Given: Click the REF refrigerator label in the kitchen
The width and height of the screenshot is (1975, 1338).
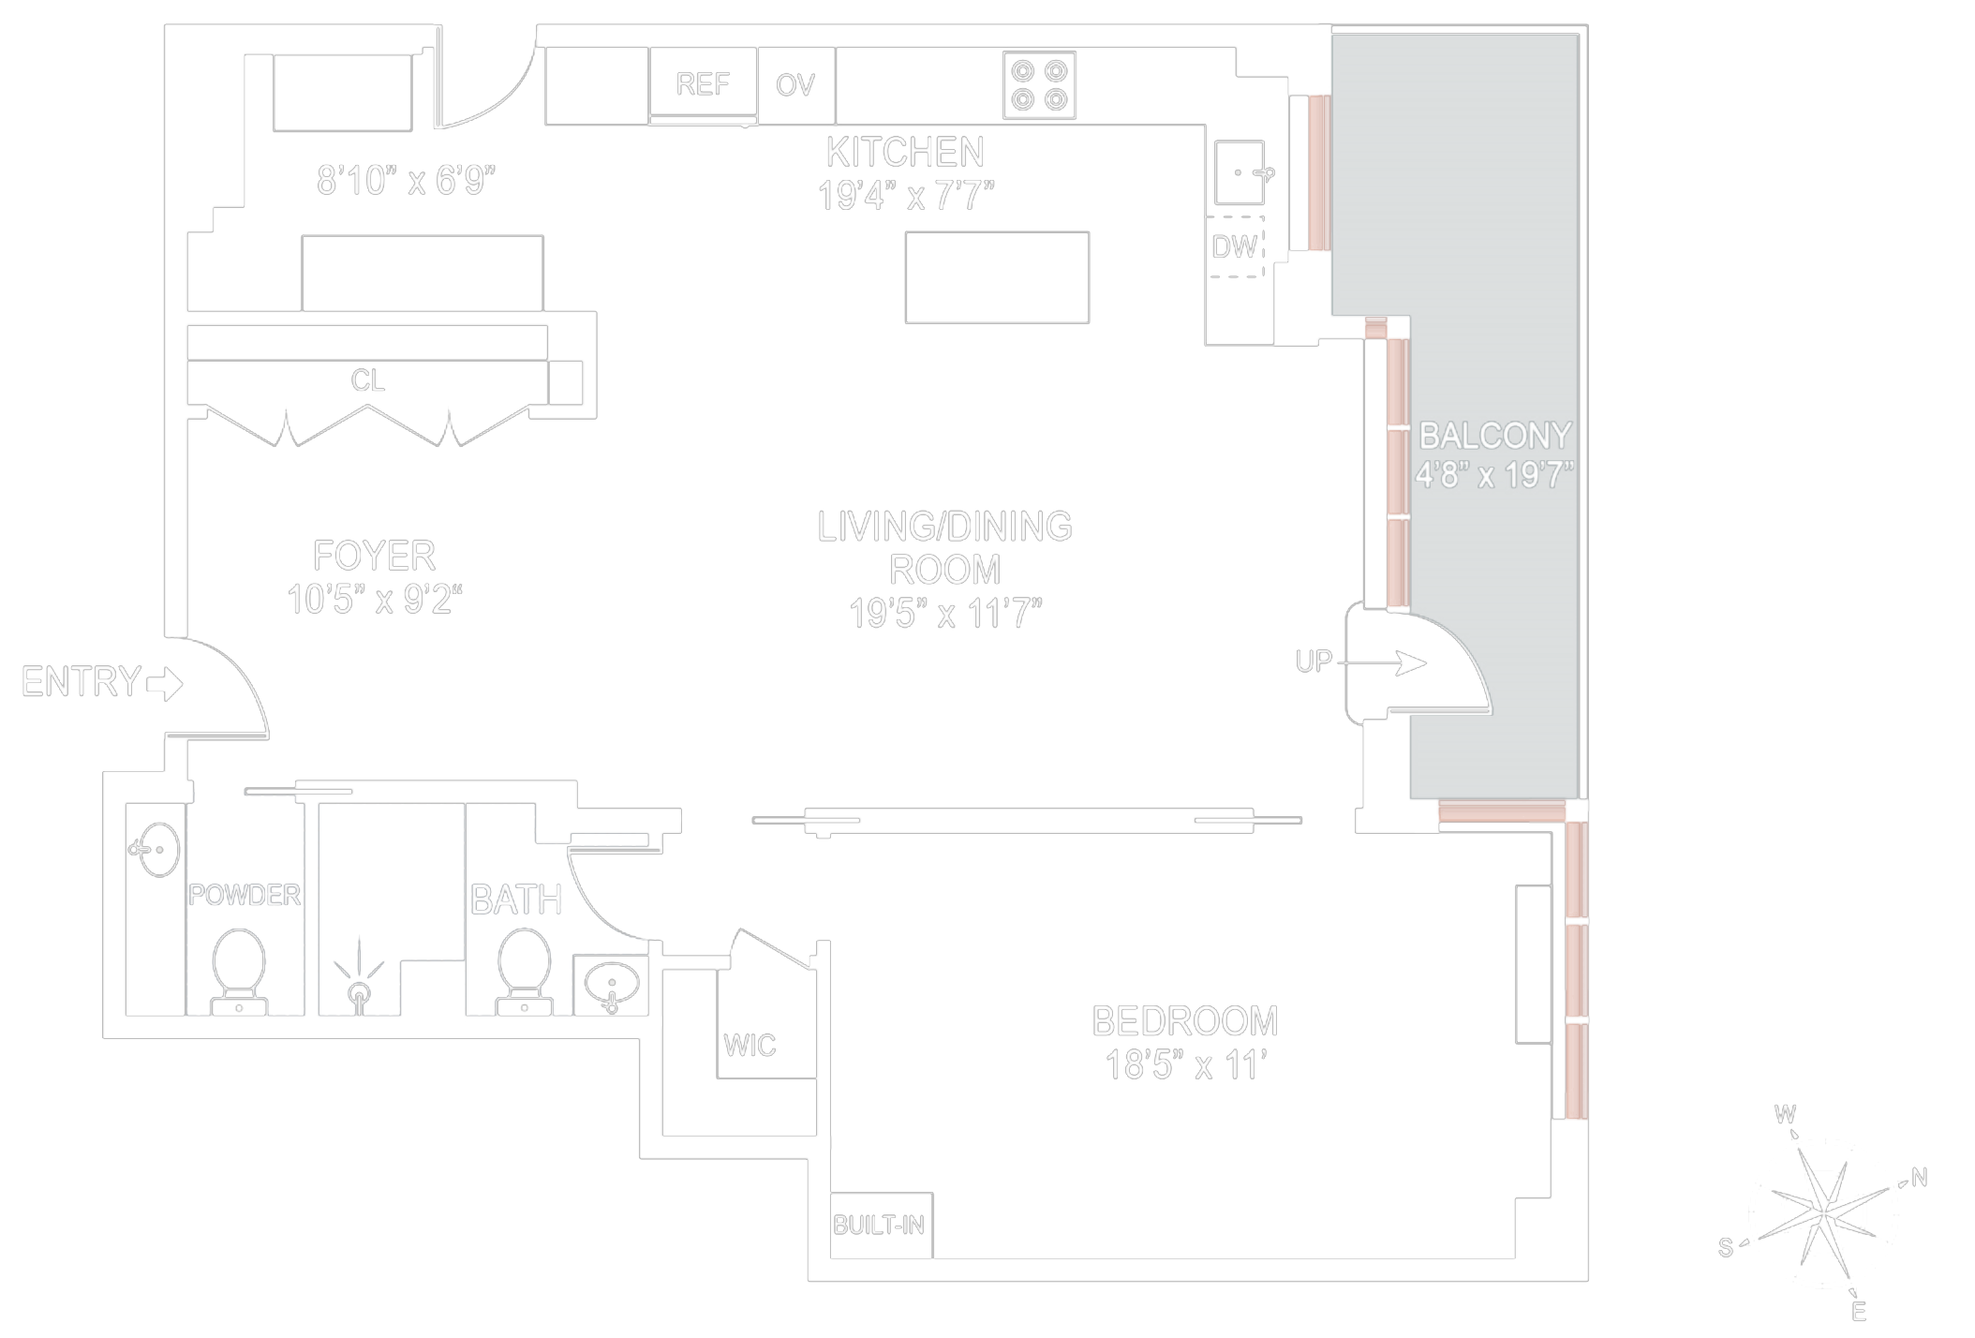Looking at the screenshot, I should (x=703, y=84).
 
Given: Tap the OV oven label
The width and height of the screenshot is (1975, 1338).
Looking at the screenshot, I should (x=795, y=85).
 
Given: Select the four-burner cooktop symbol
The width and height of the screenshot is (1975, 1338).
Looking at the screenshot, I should (x=1039, y=85).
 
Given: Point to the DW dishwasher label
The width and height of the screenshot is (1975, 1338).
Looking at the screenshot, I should (x=1234, y=246).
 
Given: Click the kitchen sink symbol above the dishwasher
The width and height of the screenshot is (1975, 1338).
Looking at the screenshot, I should (x=1240, y=172).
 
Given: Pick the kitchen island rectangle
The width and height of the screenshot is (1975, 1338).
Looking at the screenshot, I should (x=997, y=277).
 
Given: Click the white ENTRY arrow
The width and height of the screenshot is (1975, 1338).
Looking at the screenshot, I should (x=166, y=683).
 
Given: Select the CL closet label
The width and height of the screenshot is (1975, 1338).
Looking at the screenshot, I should (x=367, y=380).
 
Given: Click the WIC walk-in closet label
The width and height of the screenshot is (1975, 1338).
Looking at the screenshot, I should (x=750, y=1045).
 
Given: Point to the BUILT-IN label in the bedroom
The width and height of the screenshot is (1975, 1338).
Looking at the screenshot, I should (x=879, y=1225).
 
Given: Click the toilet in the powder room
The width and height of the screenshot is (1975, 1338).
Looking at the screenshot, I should (x=239, y=971).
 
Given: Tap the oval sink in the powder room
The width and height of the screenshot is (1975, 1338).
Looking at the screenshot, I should (x=157, y=850).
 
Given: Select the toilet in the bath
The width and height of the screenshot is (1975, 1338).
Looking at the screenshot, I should (x=524, y=971).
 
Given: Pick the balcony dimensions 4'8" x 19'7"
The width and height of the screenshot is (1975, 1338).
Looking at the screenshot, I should (x=1494, y=475).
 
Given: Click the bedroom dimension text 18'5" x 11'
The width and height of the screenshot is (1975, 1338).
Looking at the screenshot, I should (x=1186, y=1065).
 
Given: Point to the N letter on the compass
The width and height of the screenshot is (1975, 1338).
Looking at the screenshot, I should (x=1919, y=1178).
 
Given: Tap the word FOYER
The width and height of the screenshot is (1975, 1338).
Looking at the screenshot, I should (x=374, y=556).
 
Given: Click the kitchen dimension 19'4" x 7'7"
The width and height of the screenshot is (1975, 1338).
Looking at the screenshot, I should (x=905, y=196).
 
